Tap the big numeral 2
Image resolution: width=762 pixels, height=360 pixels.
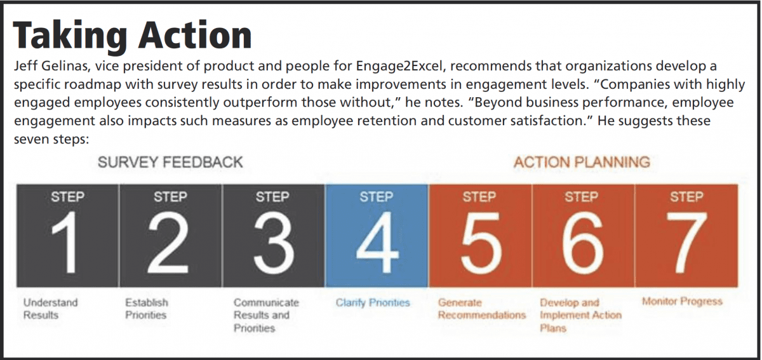click(168, 242)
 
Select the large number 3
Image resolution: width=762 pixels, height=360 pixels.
click(274, 243)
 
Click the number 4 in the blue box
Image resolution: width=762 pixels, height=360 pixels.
click(377, 243)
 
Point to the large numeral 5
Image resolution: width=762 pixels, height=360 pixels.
click(480, 243)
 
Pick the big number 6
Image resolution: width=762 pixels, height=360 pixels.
click(582, 243)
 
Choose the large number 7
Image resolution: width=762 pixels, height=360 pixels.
click(686, 243)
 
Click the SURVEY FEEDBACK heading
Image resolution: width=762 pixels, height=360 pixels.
click(170, 162)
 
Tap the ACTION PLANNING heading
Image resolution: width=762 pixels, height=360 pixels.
click(582, 162)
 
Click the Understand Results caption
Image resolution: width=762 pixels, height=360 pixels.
click(50, 309)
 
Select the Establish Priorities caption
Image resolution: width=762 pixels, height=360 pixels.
click(147, 309)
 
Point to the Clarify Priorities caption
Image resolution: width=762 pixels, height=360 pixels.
click(373, 302)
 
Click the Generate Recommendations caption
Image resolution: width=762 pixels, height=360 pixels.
click(482, 309)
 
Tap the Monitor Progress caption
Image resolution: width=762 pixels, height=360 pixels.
click(682, 301)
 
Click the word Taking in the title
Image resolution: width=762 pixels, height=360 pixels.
click(70, 36)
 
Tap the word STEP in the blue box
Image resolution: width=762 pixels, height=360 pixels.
click(377, 197)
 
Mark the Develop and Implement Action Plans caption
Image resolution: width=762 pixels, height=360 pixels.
click(580, 315)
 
